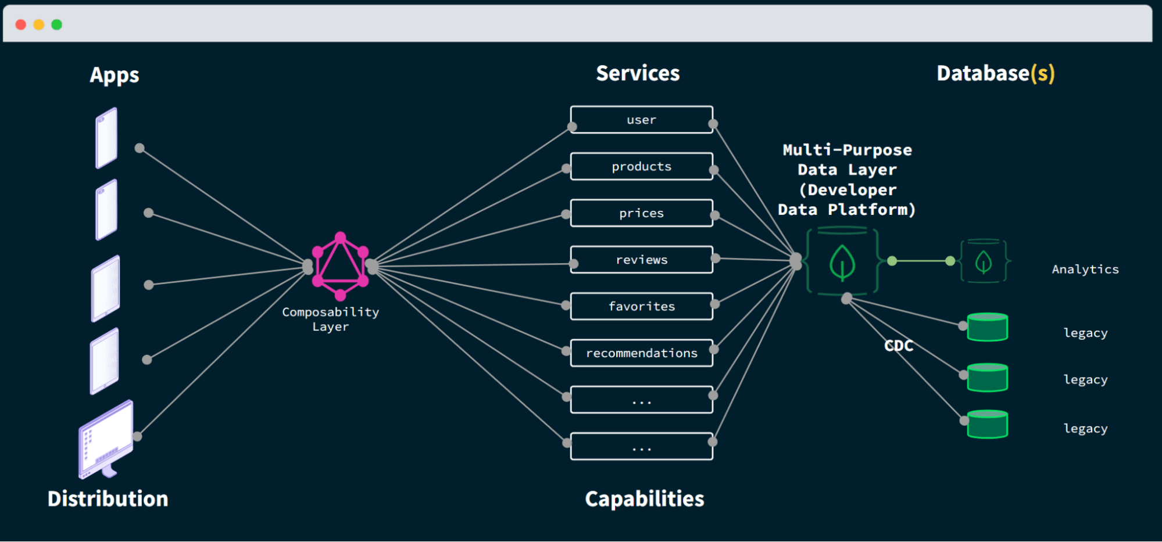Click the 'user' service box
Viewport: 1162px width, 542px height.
click(641, 120)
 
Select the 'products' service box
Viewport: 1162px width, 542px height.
click(641, 167)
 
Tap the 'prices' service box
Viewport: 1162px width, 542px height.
click(641, 213)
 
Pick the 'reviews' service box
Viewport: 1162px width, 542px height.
click(641, 260)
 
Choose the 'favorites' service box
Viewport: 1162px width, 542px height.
click(641, 306)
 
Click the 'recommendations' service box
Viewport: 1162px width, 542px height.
click(641, 353)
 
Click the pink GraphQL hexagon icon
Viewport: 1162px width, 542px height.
click(340, 266)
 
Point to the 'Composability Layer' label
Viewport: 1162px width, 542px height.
click(330, 319)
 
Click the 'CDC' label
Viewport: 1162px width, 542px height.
click(899, 346)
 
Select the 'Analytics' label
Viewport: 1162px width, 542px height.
click(1085, 269)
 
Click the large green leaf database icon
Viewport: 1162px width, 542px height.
click(842, 262)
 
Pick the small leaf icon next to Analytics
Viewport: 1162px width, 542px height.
click(983, 261)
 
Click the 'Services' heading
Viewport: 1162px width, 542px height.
click(638, 73)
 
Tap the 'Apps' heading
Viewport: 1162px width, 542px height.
click(115, 75)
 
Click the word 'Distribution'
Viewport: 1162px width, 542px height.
click(108, 498)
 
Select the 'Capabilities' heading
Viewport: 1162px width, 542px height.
click(644, 498)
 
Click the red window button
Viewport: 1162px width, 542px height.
click(21, 24)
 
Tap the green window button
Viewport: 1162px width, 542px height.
click(56, 24)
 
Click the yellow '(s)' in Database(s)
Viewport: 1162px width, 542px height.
click(1042, 74)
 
